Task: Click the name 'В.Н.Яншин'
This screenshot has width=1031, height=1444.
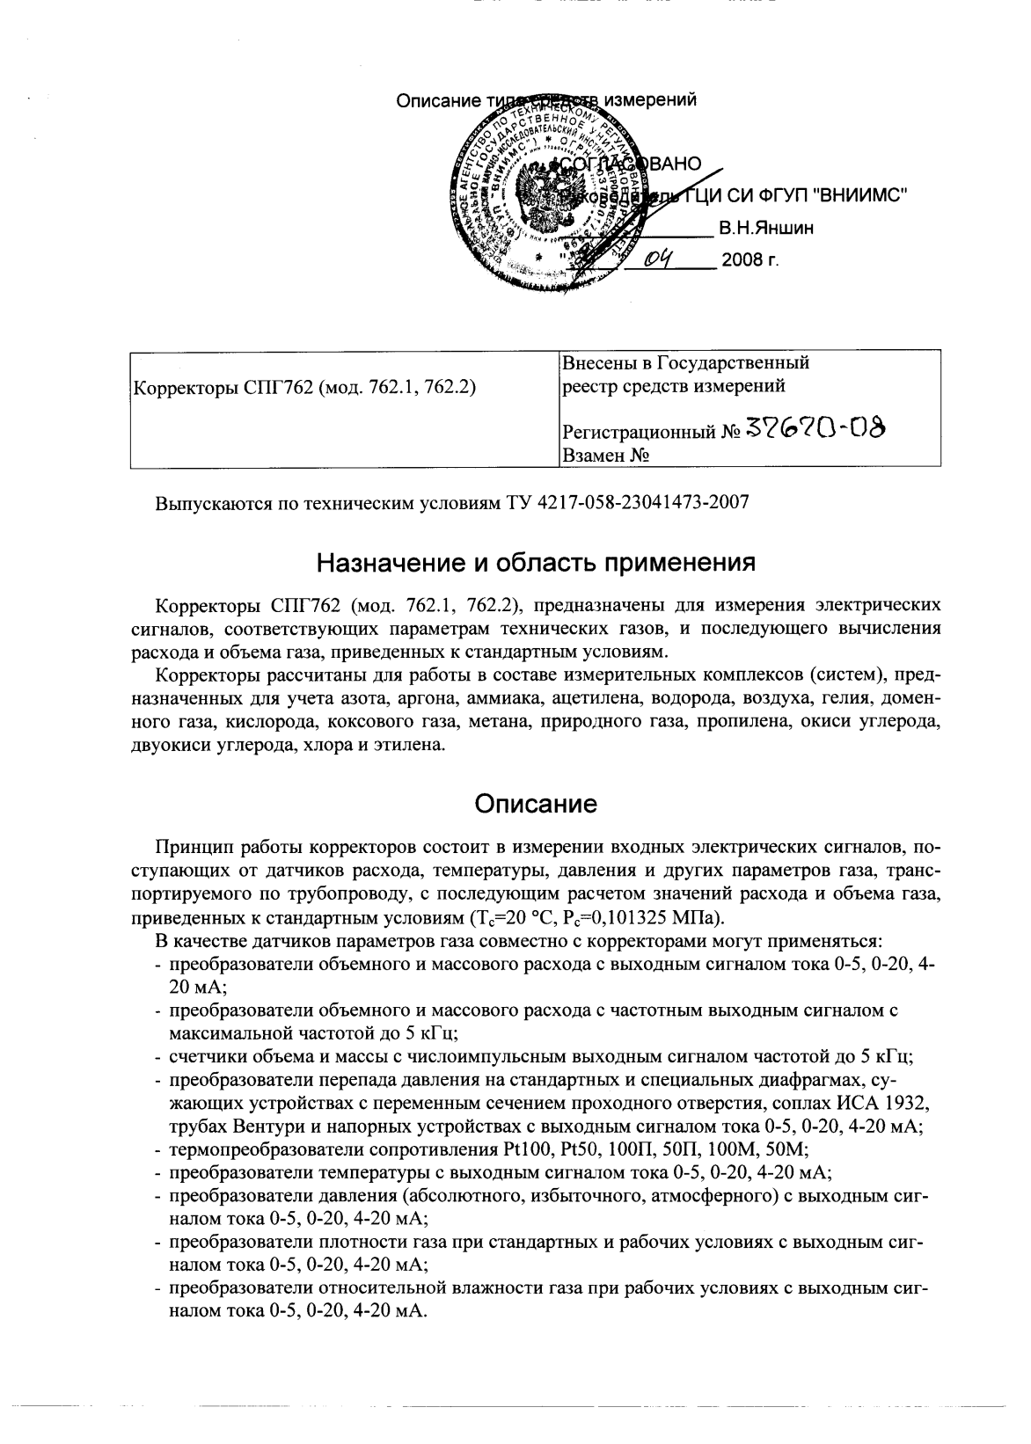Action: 765,229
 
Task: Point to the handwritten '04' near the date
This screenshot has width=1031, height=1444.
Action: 658,258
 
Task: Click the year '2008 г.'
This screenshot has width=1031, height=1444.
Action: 749,261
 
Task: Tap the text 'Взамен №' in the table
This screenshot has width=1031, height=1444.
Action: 605,456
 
